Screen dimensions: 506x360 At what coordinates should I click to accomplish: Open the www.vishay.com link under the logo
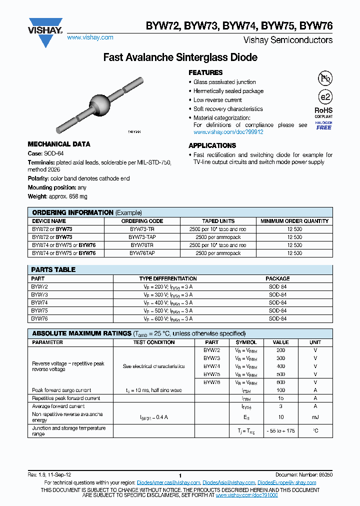(x=90, y=37)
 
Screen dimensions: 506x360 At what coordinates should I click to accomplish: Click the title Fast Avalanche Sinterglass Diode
(x=180, y=57)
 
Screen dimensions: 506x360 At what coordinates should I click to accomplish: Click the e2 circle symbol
(x=324, y=97)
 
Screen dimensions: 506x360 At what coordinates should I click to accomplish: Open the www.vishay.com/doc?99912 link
(x=228, y=132)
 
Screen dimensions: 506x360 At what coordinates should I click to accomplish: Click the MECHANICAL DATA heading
(x=59, y=144)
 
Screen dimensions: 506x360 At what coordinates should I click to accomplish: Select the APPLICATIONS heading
(x=212, y=145)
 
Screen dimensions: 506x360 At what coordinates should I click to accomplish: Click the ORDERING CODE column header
(x=142, y=221)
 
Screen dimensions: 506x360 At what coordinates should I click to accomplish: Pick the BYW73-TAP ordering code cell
(x=142, y=237)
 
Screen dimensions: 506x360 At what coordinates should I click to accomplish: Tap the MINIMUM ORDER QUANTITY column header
(x=294, y=221)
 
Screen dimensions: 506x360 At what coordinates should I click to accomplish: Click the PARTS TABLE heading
(x=53, y=269)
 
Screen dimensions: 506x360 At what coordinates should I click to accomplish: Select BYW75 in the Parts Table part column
(x=39, y=310)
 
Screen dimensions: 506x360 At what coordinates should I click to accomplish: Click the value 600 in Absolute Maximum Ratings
(x=280, y=382)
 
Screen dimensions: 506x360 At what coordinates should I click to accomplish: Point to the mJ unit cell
(x=315, y=417)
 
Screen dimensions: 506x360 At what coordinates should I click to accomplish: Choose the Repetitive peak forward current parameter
(x=66, y=398)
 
